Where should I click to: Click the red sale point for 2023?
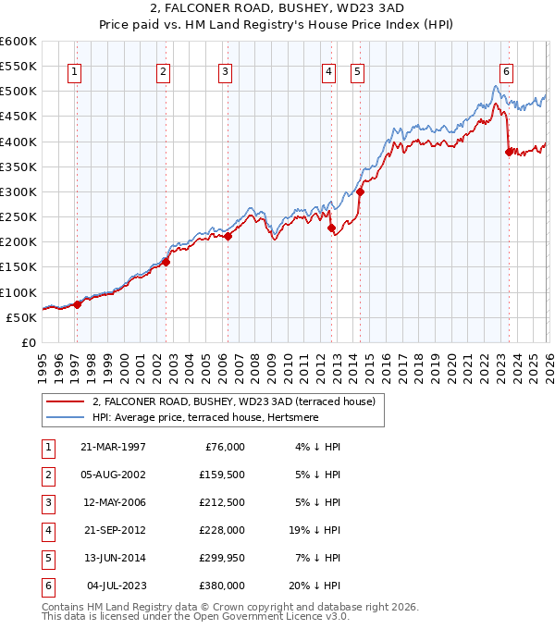coord(508,152)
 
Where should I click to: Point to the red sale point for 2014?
coord(360,192)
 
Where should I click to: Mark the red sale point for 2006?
coord(228,236)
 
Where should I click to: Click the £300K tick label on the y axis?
coord(18,191)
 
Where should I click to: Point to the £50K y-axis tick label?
coord(20,317)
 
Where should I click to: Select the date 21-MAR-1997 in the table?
coord(113,447)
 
